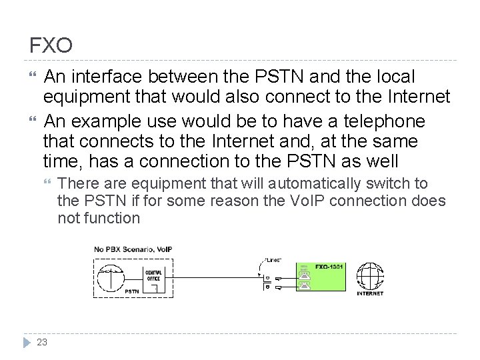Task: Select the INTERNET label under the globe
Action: [370, 293]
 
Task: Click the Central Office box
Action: [153, 275]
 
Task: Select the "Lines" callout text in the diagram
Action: [273, 260]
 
